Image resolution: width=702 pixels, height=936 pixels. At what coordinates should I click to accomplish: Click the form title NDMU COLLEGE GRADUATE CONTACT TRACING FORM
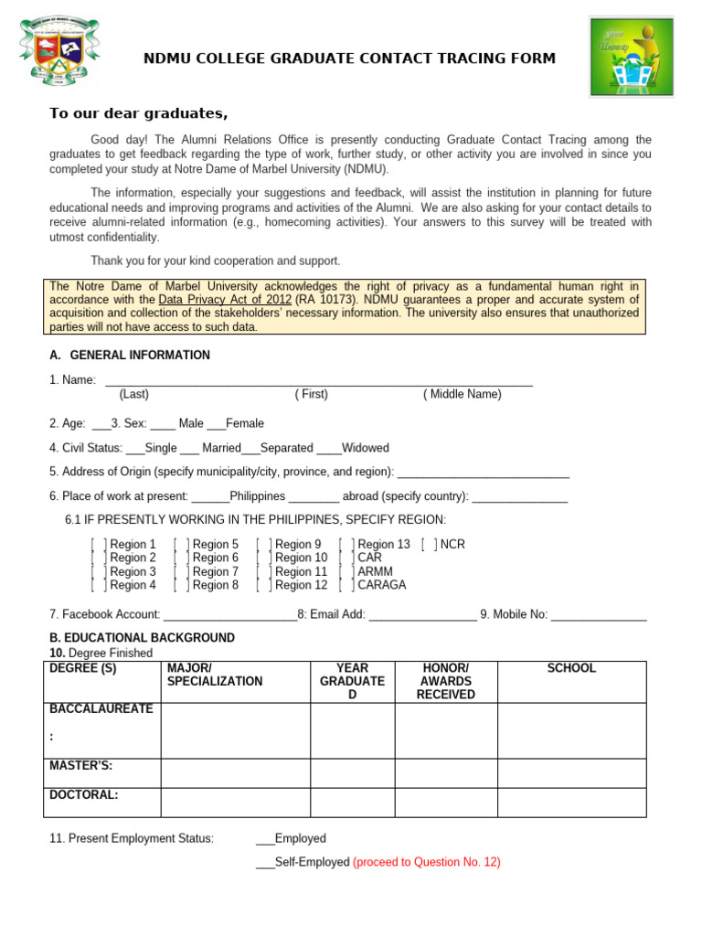coord(349,58)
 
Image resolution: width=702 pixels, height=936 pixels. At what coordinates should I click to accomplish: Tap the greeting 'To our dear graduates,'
coord(138,113)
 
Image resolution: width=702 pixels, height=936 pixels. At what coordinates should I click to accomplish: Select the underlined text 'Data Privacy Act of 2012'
coord(225,300)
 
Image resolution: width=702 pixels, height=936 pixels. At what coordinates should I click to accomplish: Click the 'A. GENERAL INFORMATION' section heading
coord(129,356)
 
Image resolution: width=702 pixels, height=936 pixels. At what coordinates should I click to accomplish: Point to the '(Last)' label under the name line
coord(134,395)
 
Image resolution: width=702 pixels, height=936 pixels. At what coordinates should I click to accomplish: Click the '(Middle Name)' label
coord(462,395)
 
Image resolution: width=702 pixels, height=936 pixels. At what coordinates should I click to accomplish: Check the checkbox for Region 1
coord(99,545)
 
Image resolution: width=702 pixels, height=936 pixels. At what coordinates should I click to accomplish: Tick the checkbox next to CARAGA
coord(346,586)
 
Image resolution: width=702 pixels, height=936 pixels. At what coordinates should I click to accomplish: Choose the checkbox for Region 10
coord(263,558)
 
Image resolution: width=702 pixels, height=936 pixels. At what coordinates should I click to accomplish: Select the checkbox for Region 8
coord(181,586)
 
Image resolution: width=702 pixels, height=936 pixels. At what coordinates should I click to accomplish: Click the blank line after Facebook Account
coord(229,615)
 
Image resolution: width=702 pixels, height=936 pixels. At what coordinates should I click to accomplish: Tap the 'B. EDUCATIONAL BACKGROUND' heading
coord(142,638)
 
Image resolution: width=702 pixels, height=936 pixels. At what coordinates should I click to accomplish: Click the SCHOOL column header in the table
coord(571,669)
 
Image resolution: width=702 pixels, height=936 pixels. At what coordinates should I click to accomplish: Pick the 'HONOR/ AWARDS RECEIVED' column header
coord(445,682)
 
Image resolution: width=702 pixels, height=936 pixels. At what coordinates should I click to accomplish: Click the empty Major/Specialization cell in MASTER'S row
coord(235,772)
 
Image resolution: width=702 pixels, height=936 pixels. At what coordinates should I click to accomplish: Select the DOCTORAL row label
coord(84,795)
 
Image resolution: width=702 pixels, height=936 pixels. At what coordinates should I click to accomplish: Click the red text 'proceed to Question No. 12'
coord(427,863)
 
